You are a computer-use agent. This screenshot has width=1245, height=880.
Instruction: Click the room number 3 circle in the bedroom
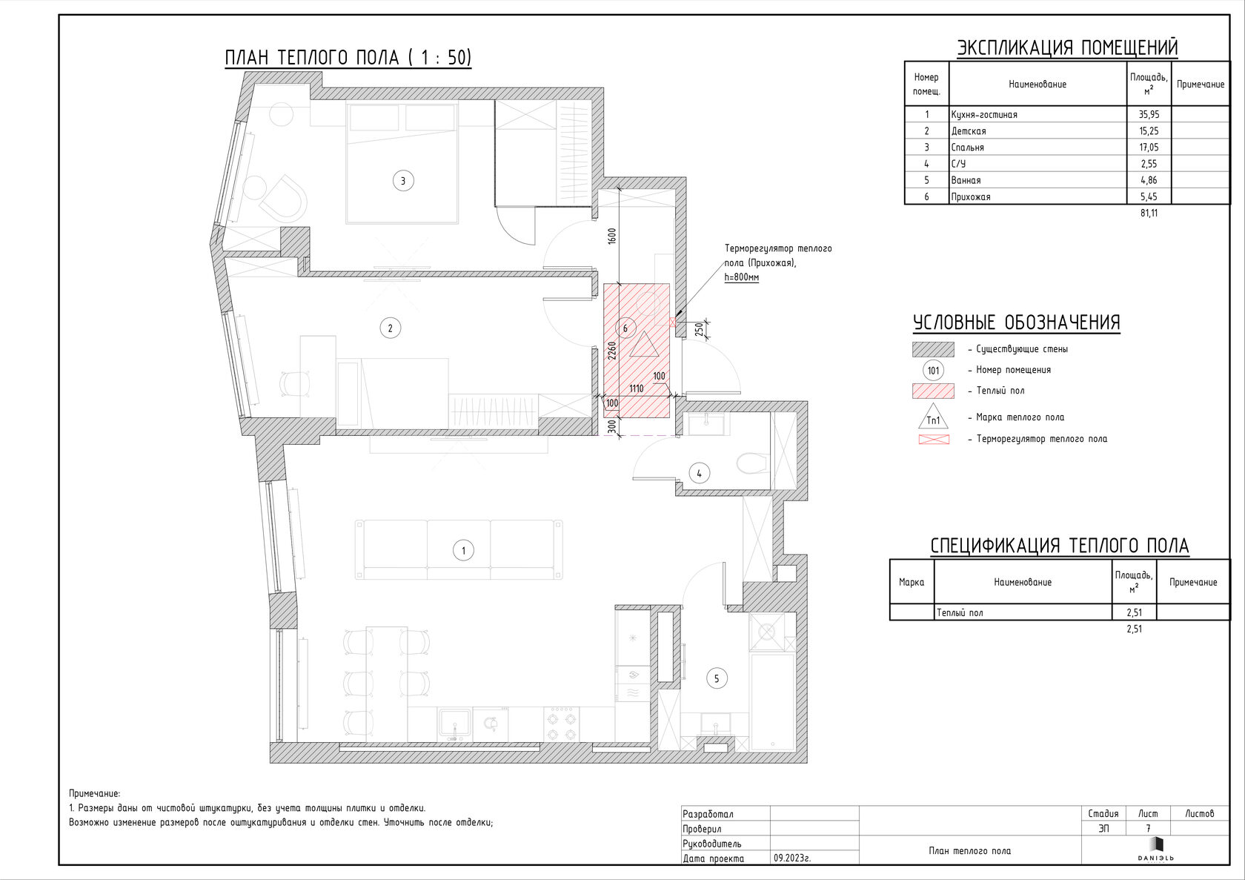click(403, 181)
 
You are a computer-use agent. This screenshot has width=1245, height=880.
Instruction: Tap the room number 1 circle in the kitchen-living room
click(464, 551)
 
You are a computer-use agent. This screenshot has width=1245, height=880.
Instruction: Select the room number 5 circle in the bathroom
click(717, 678)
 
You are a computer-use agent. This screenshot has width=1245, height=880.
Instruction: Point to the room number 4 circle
click(700, 474)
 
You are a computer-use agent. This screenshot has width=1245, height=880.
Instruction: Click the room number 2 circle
click(390, 328)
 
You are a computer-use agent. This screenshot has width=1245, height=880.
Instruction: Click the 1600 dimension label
click(612, 236)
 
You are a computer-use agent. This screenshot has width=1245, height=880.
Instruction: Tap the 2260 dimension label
click(612, 351)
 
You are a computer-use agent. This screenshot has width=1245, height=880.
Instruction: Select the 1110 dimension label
click(637, 388)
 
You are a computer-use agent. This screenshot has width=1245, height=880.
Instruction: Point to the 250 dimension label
click(700, 330)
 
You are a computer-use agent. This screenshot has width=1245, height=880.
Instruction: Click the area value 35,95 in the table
click(1149, 114)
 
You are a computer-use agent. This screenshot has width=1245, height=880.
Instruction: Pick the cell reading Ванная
click(966, 180)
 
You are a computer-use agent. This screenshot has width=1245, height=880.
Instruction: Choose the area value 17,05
click(1149, 148)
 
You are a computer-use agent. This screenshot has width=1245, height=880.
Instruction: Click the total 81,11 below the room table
click(1149, 213)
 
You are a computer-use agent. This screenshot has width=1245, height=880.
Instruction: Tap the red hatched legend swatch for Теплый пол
click(933, 391)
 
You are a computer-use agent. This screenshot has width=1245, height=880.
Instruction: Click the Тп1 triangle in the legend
click(933, 417)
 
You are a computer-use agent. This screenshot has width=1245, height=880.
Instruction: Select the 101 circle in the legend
click(933, 371)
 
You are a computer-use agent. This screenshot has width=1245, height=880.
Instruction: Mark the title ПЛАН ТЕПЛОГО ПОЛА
click(313, 58)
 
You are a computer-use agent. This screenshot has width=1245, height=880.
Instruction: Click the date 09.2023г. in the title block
click(792, 858)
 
